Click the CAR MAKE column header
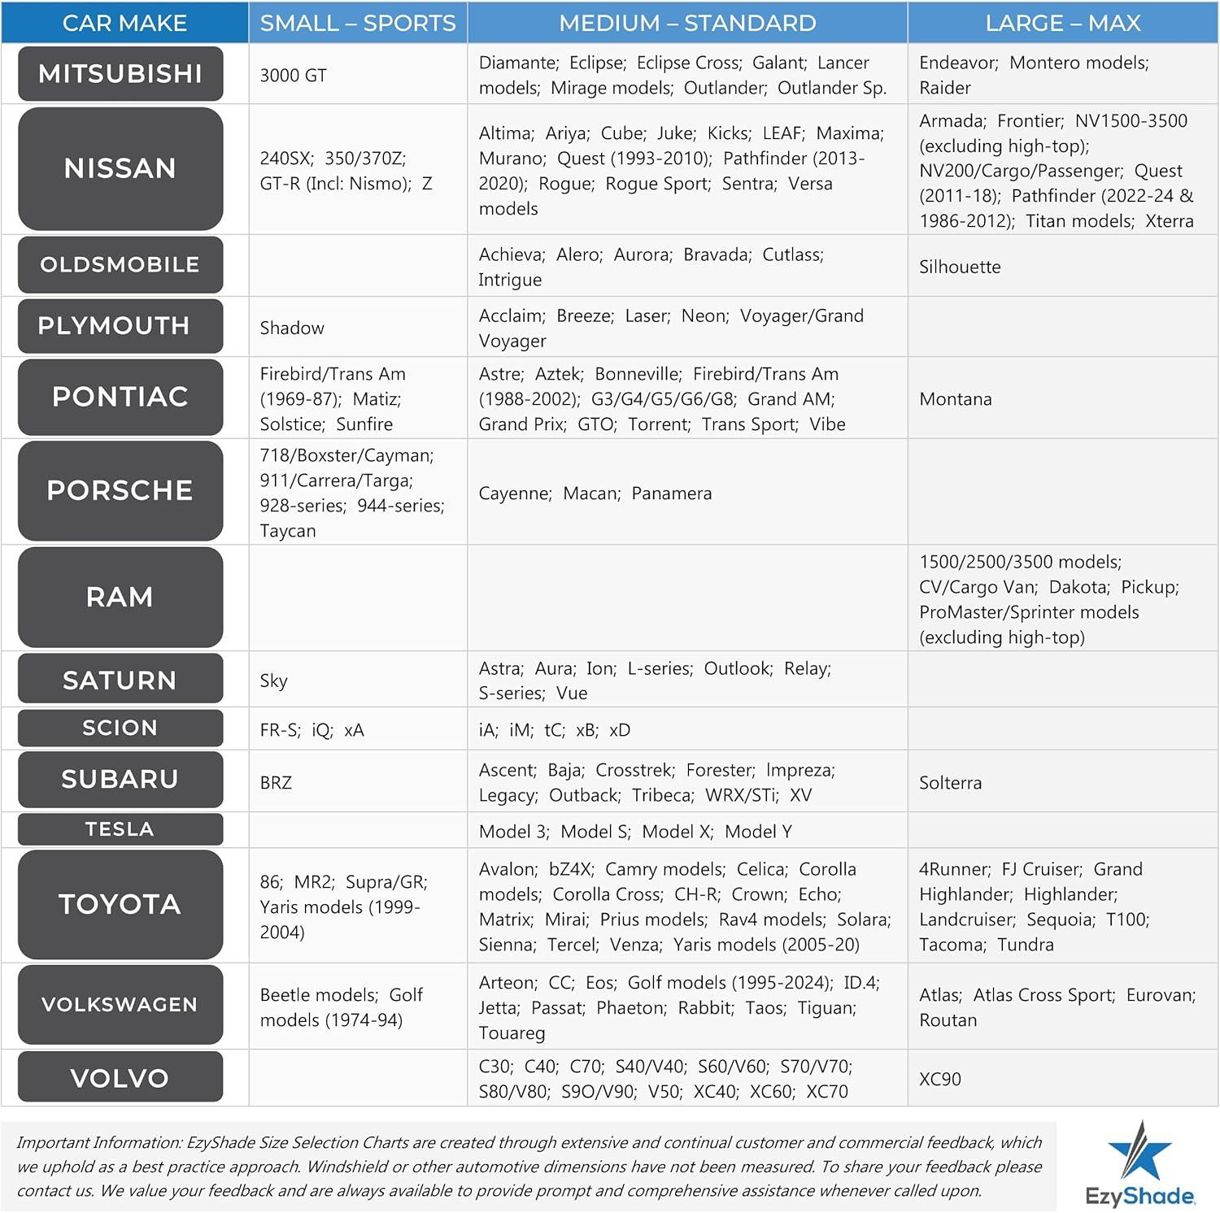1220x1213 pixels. click(124, 23)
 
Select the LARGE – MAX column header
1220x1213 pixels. click(1062, 23)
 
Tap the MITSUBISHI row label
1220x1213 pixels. click(120, 74)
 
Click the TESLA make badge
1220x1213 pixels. click(120, 829)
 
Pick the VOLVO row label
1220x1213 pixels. click(120, 1078)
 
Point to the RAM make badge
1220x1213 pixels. click(120, 597)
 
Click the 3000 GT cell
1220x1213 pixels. click(293, 76)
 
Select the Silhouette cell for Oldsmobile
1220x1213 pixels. click(960, 267)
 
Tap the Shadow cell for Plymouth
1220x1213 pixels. click(292, 328)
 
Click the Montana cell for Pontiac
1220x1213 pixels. click(955, 399)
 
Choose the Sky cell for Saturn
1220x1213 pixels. click(273, 680)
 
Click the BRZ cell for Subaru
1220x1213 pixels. click(276, 783)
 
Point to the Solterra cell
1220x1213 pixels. click(950, 783)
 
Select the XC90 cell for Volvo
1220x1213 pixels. click(939, 1079)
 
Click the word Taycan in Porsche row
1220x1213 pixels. click(288, 531)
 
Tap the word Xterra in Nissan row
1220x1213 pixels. click(1169, 221)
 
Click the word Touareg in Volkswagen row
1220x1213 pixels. click(512, 1033)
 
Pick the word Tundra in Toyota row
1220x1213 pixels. click(1026, 945)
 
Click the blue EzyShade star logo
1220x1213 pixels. click(1140, 1150)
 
